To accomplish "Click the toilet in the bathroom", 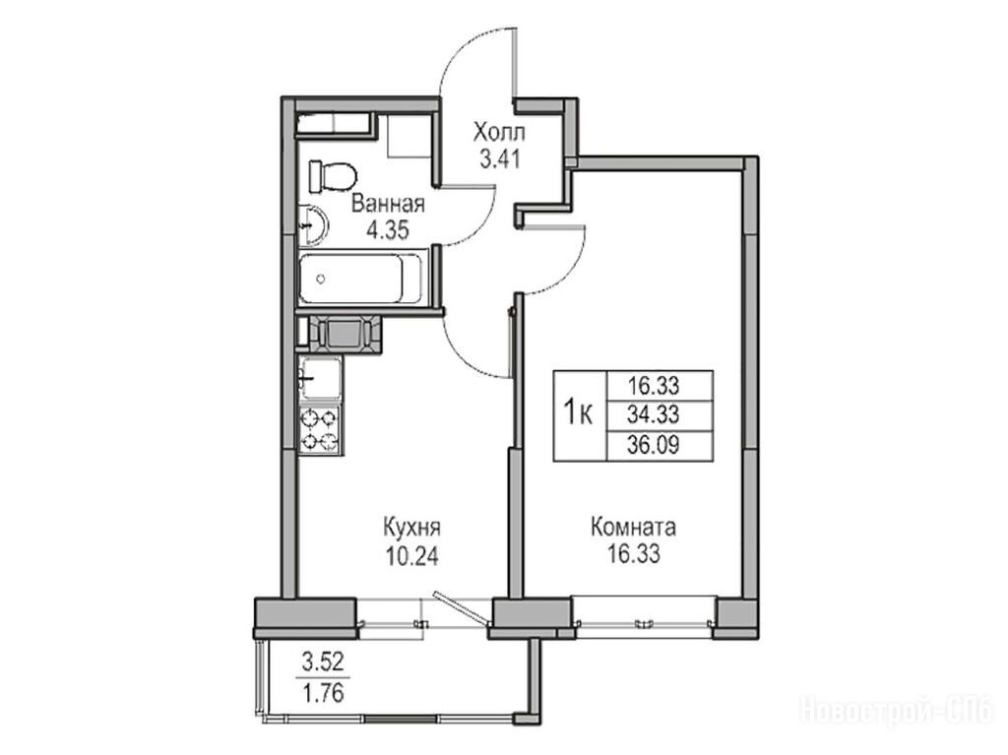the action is pos(333,176).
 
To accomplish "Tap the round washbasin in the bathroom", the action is pos(314,225).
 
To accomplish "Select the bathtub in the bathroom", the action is pos(361,279).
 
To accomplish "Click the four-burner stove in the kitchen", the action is pos(320,430).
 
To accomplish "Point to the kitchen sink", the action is pos(320,379).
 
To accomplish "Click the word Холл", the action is pos(499,132).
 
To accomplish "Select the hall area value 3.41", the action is pos(499,158).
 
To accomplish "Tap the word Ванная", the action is pos(388,205).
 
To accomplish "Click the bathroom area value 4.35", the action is pos(388,229).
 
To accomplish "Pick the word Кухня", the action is pos(411,529).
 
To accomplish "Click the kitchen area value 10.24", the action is pos(411,555).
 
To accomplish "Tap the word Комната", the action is pos(633,528).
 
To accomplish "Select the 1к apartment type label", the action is pos(578,411).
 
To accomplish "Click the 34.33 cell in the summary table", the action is pos(654,414).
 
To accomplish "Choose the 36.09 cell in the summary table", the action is pos(654,444).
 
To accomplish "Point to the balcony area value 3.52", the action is pos(323,661).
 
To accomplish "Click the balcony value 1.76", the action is pos(323,693).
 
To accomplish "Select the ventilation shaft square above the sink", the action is pos(346,334).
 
